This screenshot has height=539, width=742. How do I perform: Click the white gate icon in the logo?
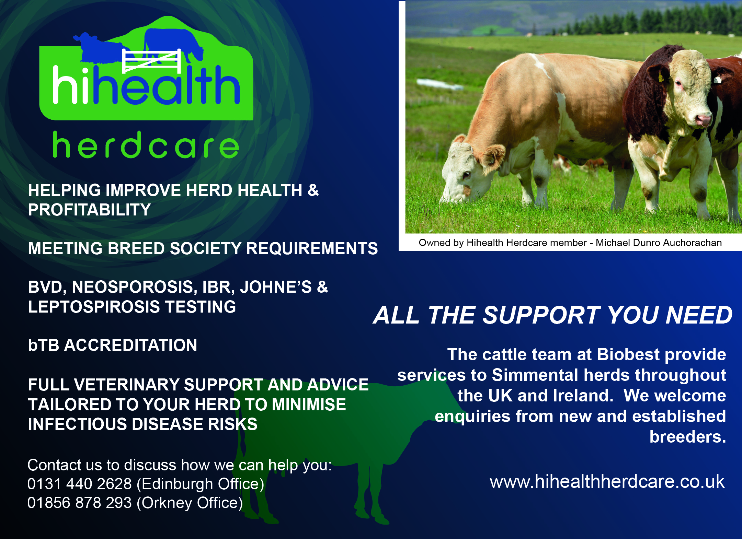click(151, 61)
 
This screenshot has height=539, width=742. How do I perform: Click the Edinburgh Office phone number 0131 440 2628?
click(79, 484)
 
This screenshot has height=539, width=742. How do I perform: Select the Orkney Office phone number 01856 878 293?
click(79, 503)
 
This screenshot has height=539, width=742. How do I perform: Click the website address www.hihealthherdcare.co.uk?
click(607, 481)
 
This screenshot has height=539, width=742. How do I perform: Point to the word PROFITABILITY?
click(89, 210)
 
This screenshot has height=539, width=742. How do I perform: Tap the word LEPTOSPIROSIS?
click(94, 307)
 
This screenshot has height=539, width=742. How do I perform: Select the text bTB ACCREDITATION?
click(113, 345)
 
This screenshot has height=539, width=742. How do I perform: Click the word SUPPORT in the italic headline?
click(541, 315)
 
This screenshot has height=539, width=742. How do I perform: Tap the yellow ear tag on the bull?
click(661, 77)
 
